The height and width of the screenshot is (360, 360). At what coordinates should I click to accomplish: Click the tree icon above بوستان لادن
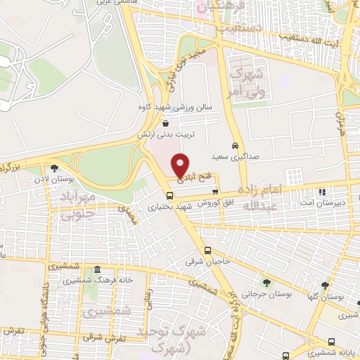pos(54,167)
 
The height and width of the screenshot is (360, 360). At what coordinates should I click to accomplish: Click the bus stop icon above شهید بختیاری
pos(169,195)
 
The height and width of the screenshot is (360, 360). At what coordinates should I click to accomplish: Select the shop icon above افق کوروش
pos(215,191)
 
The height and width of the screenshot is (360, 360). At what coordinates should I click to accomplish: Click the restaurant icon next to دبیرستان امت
pos(322,191)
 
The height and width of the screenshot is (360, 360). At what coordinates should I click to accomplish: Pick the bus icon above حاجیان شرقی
pos(207,250)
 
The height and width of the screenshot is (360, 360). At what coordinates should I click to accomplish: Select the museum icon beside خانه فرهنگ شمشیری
pos(96,270)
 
